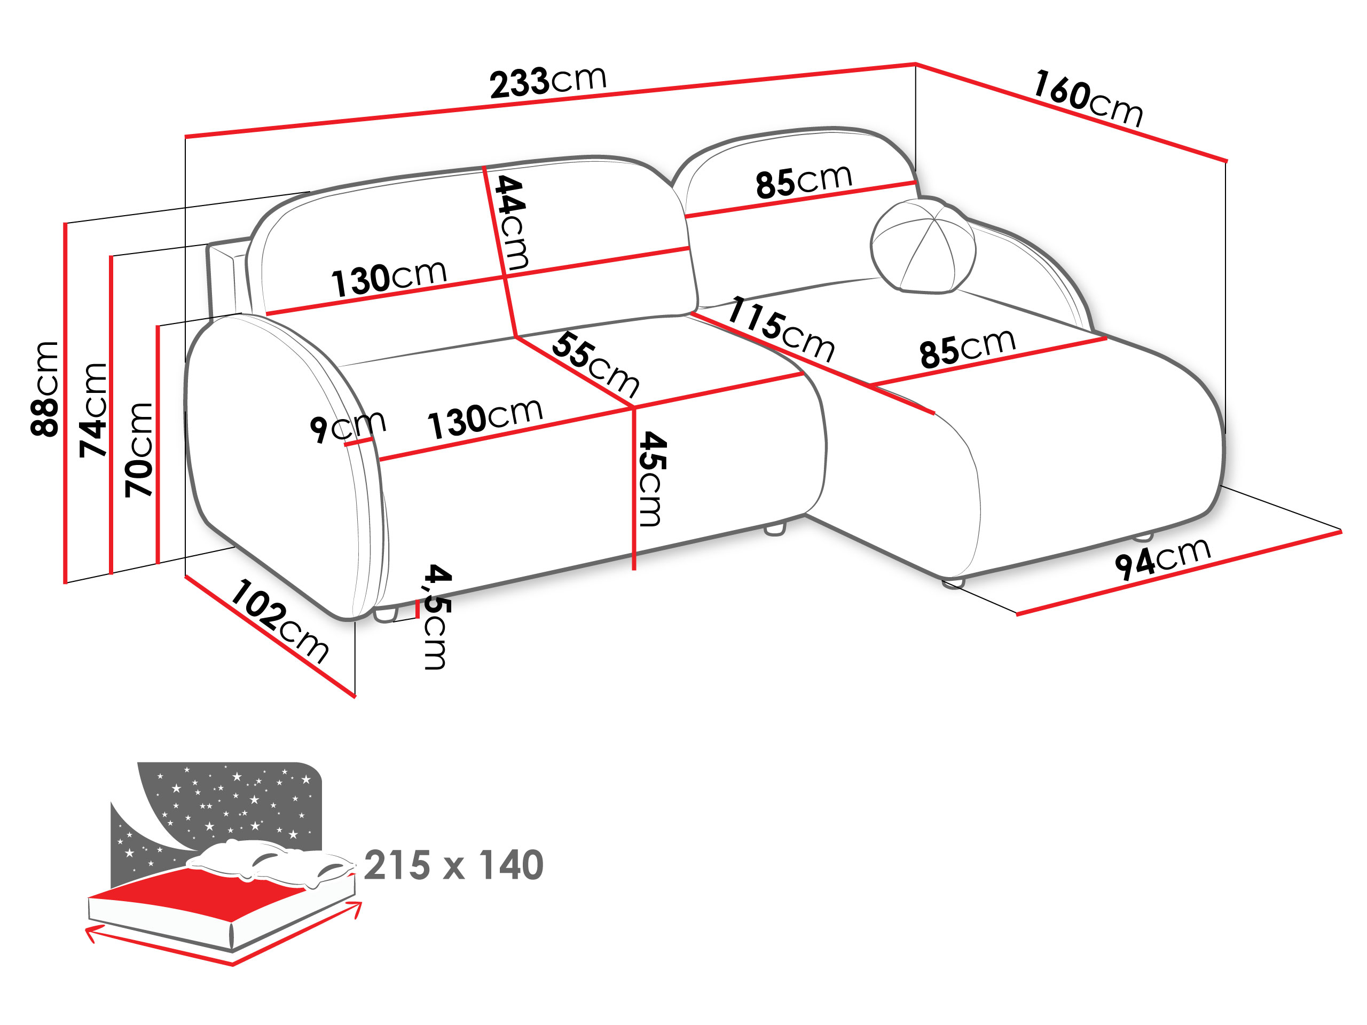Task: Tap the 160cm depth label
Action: [1088, 98]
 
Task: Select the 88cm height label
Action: [44, 389]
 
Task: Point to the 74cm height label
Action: [93, 410]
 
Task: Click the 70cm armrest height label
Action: [138, 450]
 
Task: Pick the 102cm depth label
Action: [279, 621]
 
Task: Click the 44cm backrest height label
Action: [512, 223]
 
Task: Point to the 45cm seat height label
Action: [651, 479]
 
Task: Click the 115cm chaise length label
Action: [781, 329]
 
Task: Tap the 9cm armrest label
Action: [348, 427]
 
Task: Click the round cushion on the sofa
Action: [923, 245]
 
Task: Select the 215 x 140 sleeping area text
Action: [453, 865]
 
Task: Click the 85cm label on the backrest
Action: [804, 181]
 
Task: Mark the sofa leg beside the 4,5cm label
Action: [385, 615]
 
